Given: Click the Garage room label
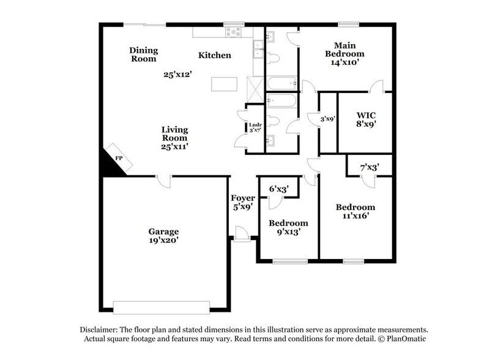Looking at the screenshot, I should coord(163,236).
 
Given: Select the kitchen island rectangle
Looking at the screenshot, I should coord(224,84).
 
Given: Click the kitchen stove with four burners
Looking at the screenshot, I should coord(234,31).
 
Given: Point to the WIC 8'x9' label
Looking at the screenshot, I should coord(366,119).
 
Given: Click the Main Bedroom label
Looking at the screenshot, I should coord(345,53).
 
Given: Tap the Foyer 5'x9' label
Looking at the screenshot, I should coord(242,203).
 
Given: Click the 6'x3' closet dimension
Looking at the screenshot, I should coord(279,189).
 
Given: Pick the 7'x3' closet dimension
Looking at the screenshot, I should coord(370,167).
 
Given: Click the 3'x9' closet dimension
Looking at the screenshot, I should coord(329,118).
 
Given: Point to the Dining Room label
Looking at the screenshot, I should coord(144,54).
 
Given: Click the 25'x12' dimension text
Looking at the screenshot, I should coord(178,75).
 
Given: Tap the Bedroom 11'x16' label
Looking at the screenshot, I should coord(355,211).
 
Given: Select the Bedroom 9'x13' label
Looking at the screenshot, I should coord(288,227).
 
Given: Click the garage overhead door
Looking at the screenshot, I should coord(162,307).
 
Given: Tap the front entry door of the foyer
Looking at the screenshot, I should coord(242,235).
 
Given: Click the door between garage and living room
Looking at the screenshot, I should coord(163,180).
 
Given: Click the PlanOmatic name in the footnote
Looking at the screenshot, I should coord(404,339).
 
